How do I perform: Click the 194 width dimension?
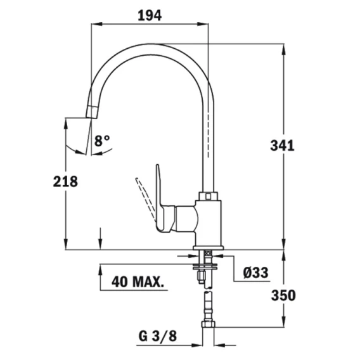click(x=150, y=15)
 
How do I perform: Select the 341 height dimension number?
click(x=282, y=146)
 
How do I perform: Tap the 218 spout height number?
click(x=65, y=181)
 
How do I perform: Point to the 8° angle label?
click(x=102, y=141)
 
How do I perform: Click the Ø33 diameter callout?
click(x=255, y=273)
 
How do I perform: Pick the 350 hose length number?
click(x=283, y=295)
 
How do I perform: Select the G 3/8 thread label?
click(x=157, y=336)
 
